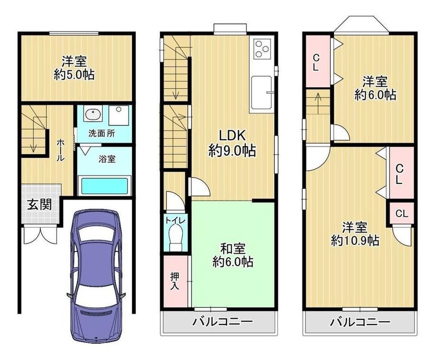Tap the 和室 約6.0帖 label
233,255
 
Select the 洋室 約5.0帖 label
74,68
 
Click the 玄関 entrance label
39,205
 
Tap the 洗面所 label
101,134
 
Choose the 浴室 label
107,159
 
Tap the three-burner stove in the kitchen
262,49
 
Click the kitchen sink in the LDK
261,92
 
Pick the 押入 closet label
174,281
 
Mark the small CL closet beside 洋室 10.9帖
402,214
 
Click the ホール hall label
61,150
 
